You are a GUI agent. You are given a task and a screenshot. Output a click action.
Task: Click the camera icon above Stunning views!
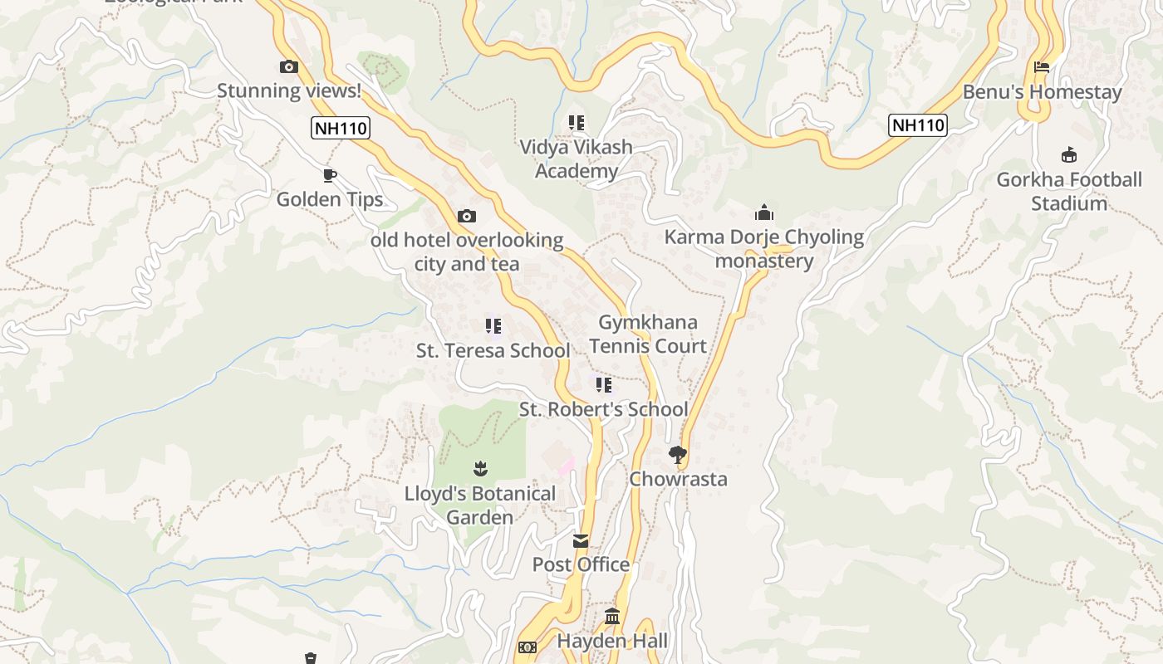coord(289,67)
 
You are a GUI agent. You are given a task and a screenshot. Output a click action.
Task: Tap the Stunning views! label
coord(289,90)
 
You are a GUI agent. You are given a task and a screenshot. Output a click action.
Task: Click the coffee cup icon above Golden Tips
coord(330,175)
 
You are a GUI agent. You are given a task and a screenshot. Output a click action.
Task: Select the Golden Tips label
coord(330,199)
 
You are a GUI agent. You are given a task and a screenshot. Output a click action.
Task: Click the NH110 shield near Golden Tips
coord(341,128)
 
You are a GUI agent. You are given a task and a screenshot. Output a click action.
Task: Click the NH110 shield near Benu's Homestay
coord(918,125)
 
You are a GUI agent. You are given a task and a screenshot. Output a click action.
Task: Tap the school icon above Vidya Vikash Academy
coord(577,123)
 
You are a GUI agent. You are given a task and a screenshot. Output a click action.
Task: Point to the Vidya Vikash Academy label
coord(577,159)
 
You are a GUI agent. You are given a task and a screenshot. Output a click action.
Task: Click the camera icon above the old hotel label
coord(467,217)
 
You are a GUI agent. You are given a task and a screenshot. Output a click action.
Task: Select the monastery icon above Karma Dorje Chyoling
coord(764,213)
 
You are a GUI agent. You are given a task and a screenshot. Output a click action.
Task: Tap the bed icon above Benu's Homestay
coord(1042,67)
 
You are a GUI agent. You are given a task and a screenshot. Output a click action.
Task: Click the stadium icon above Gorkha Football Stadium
coord(1069,155)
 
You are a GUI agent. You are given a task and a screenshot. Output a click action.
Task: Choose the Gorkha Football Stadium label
coord(1069,192)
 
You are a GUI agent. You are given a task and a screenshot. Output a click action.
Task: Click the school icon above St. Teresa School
coord(493,326)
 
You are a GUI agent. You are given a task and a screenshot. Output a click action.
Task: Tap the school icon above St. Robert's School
coord(604,385)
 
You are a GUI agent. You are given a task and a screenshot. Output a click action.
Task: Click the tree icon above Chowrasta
coord(678,454)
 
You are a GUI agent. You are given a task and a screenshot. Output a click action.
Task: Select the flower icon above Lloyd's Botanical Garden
coord(479,469)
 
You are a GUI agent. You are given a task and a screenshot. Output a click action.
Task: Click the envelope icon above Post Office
coord(581,541)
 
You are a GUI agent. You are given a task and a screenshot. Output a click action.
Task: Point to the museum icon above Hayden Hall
coord(612,617)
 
